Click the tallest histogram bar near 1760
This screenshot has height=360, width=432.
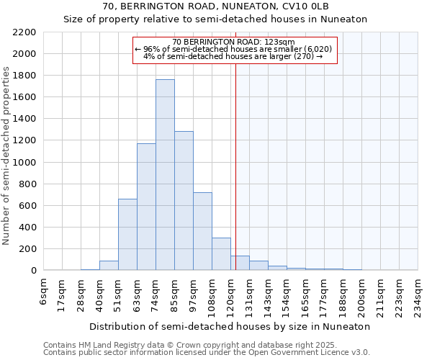coord(165,175)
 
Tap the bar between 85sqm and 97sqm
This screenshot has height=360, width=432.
coord(184,201)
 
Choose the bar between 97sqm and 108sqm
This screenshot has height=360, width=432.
coord(202,231)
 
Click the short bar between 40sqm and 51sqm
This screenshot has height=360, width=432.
coord(109,266)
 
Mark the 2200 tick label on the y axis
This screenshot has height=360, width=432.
coord(24,32)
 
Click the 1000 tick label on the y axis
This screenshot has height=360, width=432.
coord(24,163)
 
